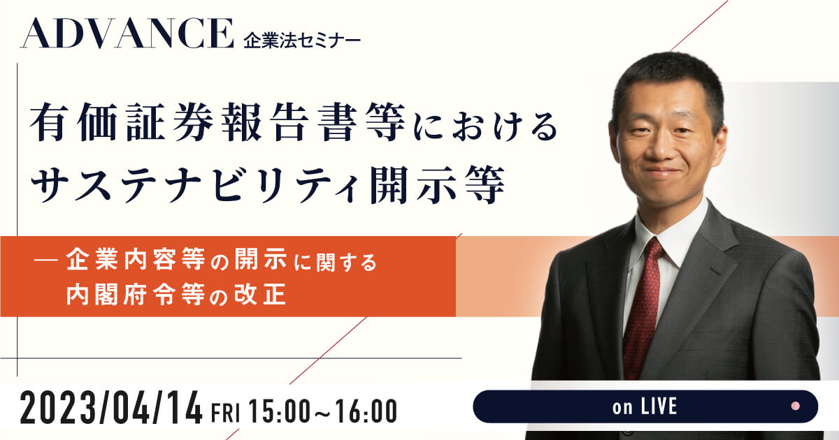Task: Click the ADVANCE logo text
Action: point(127,34)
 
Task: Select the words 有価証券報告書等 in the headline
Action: point(217,122)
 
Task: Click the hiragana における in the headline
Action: point(487,125)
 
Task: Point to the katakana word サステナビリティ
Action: point(195,185)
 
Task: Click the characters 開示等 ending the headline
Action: point(437,185)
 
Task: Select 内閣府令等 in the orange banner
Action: point(136,295)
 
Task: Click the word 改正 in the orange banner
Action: point(260,294)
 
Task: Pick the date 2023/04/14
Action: point(111,411)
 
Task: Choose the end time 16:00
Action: point(366,411)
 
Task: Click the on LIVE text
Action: point(645,406)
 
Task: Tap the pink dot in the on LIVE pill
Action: point(796,406)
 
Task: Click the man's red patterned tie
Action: point(642,307)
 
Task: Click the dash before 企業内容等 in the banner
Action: point(45,261)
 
